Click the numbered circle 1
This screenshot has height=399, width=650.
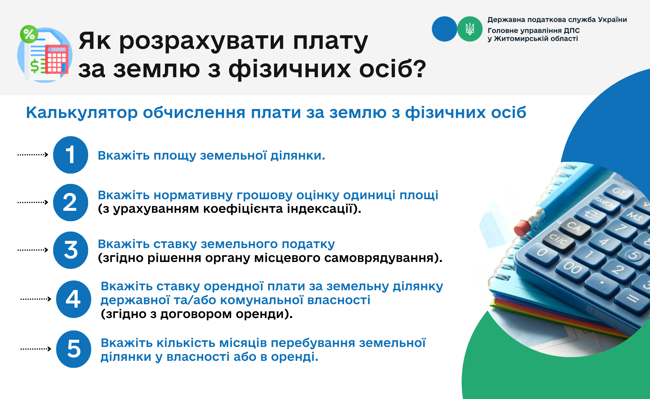click(70, 155)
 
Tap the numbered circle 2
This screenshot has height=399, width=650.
click(70, 202)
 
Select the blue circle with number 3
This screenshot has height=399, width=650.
click(70, 250)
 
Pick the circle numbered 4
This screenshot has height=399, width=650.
click(73, 299)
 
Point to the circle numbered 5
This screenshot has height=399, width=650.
click(73, 349)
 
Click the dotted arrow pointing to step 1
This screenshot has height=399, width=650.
click(33, 155)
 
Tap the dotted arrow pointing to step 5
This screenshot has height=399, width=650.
click(36, 349)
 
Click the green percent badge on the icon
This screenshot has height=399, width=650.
click(29, 34)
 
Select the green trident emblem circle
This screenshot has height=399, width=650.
click(470, 29)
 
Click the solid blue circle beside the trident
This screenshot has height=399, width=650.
click(445, 29)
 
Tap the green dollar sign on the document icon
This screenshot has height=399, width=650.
click(35, 66)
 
